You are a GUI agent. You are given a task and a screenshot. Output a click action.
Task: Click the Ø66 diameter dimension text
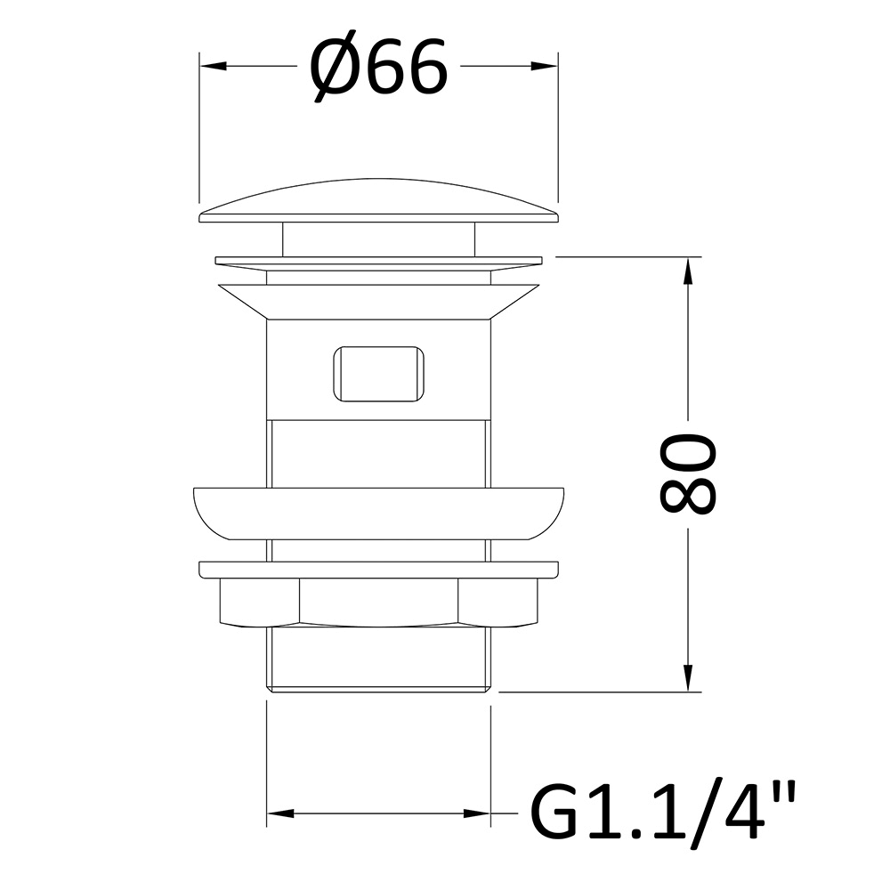coord(377,69)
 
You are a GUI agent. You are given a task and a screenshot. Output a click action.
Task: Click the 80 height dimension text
coord(687,474)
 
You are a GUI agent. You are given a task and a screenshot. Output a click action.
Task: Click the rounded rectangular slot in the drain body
coord(377,373)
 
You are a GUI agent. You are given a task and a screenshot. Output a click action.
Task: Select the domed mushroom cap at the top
coord(379,198)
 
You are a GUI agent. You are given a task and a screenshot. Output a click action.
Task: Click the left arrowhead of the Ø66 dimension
coord(214,67)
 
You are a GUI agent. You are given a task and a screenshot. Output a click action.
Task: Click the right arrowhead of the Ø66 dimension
coord(544,67)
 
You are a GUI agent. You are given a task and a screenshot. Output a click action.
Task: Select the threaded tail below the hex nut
coord(379,659)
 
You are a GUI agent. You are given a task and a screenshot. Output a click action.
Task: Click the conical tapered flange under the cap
coord(379,303)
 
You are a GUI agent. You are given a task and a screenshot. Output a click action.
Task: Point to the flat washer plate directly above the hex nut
coord(379,570)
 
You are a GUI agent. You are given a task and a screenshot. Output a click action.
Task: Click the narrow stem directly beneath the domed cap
coord(379,238)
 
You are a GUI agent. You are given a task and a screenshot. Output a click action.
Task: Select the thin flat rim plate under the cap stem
coord(379,261)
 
